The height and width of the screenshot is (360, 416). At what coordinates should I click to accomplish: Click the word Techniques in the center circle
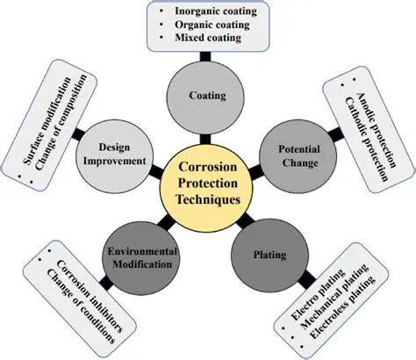point(208,200)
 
